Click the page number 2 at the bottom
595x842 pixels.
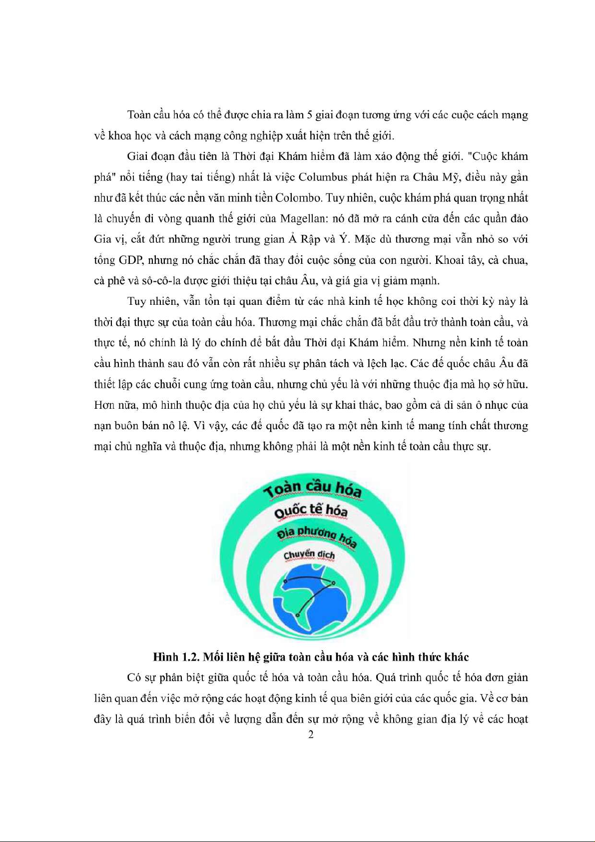coord(311,735)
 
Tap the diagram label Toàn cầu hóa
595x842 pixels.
coord(313,487)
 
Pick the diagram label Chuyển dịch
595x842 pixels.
coord(309,555)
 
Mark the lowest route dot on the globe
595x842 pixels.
coord(298,615)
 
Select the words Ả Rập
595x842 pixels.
coord(305,239)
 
